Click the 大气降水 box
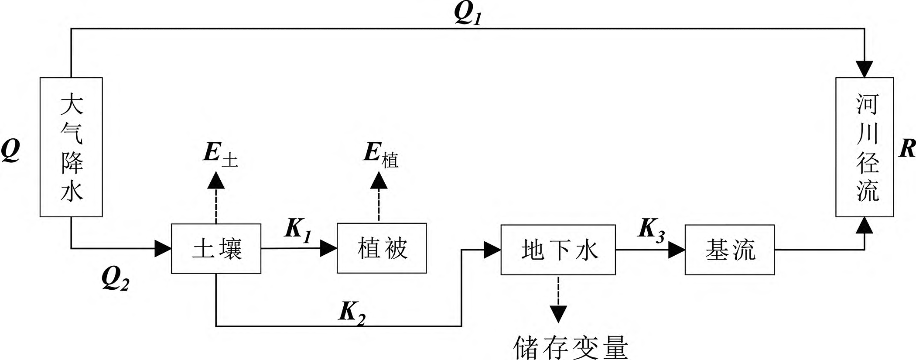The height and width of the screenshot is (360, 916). (x=71, y=147)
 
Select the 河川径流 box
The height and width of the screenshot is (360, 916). (x=864, y=147)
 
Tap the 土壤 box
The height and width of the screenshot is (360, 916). (x=216, y=249)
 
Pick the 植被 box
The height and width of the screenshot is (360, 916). (x=382, y=248)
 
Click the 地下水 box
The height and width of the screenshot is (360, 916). (x=558, y=250)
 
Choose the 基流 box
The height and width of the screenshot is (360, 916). (x=729, y=250)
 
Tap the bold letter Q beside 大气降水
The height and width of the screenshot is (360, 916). (x=10, y=151)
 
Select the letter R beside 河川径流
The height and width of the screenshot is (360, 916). (x=907, y=149)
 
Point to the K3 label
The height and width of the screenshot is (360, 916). (x=651, y=229)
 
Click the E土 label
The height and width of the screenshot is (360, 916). (x=220, y=155)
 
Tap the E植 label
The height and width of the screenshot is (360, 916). (x=380, y=155)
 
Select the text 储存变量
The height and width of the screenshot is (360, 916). (x=571, y=347)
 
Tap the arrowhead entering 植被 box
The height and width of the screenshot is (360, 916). (x=329, y=248)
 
